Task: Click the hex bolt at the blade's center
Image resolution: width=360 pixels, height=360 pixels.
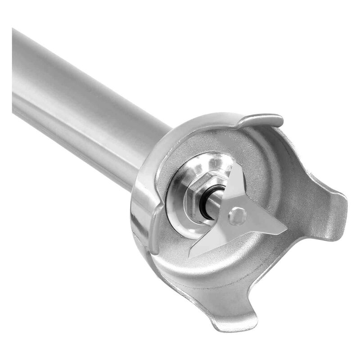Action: tap(237, 215)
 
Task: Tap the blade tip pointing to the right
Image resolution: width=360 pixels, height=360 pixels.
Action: tap(284, 229)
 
